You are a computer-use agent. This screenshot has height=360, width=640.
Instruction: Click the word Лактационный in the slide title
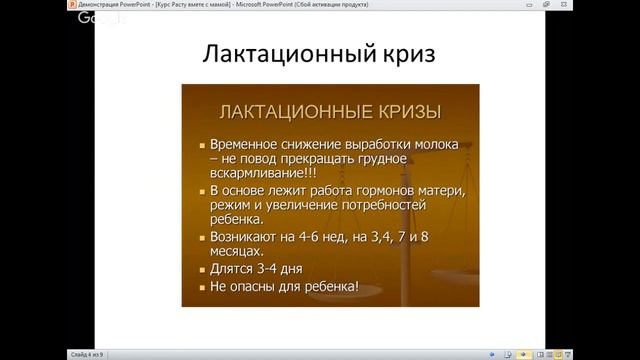tap(267, 54)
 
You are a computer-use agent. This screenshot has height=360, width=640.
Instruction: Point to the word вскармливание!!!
tap(261, 171)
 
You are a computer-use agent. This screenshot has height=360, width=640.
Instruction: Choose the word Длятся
tap(233, 270)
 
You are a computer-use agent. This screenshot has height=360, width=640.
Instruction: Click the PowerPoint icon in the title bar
tap(8, 6)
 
